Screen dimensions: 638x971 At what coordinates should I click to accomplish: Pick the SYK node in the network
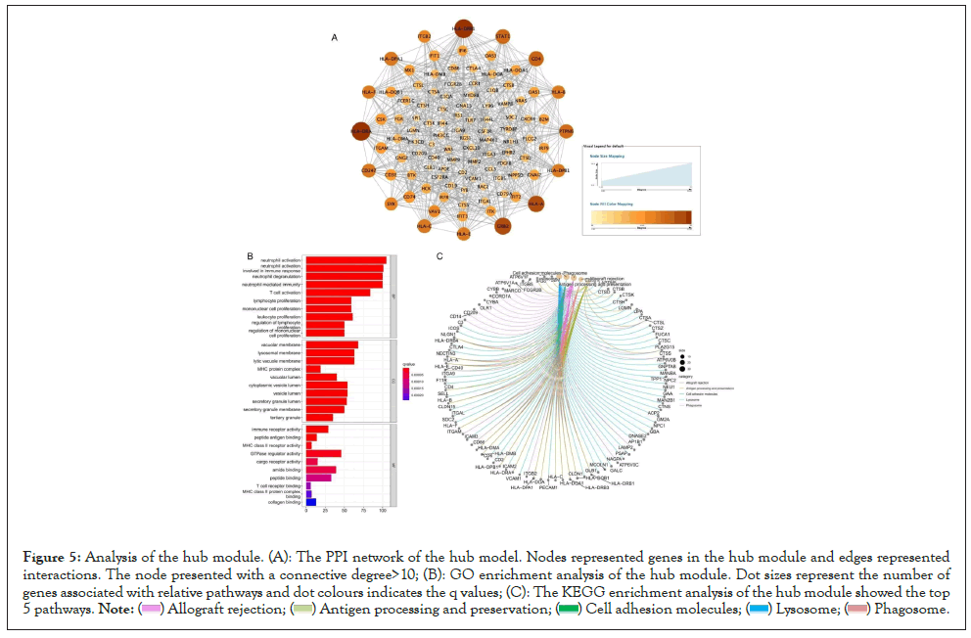391,204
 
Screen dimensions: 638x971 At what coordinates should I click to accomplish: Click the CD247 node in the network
369,171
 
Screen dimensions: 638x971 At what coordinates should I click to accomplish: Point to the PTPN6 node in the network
566,131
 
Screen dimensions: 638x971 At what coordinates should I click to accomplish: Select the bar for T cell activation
338,292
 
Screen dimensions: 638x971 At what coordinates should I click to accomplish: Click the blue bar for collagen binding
311,502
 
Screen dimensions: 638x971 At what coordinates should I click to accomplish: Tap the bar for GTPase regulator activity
323,453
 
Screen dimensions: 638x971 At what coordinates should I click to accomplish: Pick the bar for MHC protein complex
313,369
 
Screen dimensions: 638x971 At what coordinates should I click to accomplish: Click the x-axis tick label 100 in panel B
382,511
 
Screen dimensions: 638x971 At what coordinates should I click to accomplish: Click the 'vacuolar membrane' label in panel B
282,344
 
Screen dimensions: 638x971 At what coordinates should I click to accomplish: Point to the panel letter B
251,255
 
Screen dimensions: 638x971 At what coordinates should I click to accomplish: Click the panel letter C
439,255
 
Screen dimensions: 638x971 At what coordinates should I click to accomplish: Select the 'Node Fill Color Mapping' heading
609,204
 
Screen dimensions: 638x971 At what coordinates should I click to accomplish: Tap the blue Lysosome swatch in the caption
757,610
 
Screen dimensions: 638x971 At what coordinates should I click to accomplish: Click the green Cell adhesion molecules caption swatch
567,610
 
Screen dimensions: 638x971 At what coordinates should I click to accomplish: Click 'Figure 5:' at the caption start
49,557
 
